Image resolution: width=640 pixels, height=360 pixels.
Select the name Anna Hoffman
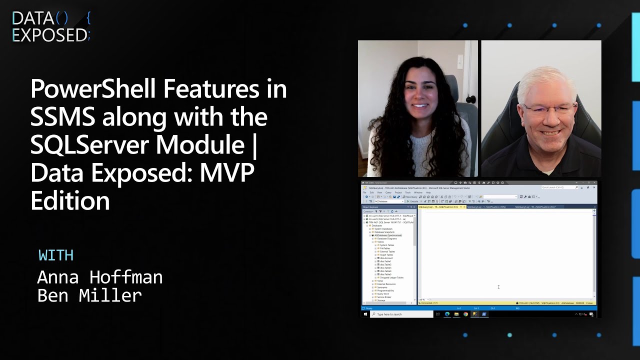[x=100, y=276]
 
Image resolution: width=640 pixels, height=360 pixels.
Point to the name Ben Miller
[x=89, y=295]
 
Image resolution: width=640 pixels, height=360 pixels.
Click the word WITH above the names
[x=56, y=255]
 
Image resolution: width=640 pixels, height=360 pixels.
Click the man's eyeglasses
[x=543, y=110]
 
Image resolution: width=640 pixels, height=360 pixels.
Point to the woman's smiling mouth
[x=420, y=105]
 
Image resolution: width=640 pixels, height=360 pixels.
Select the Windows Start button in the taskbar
[x=366, y=314]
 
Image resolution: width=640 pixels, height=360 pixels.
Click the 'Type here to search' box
[x=403, y=314]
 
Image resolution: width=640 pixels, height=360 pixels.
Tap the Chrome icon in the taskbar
[x=465, y=314]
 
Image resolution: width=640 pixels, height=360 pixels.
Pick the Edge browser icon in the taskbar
[x=447, y=314]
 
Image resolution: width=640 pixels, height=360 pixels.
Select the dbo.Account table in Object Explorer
[x=386, y=258]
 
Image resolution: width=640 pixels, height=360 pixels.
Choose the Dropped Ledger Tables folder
[x=391, y=277]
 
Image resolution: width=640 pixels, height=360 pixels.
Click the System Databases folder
[x=384, y=229]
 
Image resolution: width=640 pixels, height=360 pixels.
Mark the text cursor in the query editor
[x=498, y=287]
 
